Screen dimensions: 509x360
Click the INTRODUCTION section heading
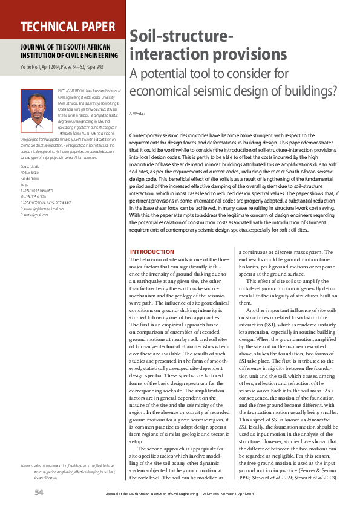169,251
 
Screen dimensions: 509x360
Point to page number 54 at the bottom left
38,493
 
